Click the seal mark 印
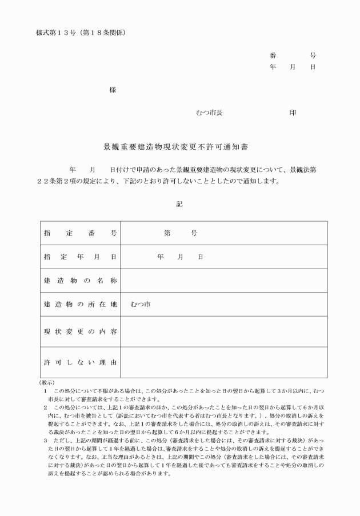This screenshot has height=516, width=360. tap(293, 113)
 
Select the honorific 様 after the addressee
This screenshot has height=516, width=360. tap(113, 90)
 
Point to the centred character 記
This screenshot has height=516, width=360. tap(179, 203)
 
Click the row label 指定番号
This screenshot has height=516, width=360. tap(80, 233)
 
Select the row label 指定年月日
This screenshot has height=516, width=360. tap(80, 257)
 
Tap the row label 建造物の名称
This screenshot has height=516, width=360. tap(80, 281)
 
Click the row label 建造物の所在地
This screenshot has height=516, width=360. tap(80, 305)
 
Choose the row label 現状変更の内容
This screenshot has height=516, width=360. tap(80, 331)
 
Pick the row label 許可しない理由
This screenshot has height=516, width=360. tap(80, 362)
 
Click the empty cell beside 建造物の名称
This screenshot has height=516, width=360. tap(223, 281)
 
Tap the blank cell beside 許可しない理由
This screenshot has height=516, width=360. tap(223, 362)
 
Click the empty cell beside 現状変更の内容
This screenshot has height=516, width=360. tap(223, 331)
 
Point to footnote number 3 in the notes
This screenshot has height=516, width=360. tap(45, 441)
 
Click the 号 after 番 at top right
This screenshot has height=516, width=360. tap(313, 56)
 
